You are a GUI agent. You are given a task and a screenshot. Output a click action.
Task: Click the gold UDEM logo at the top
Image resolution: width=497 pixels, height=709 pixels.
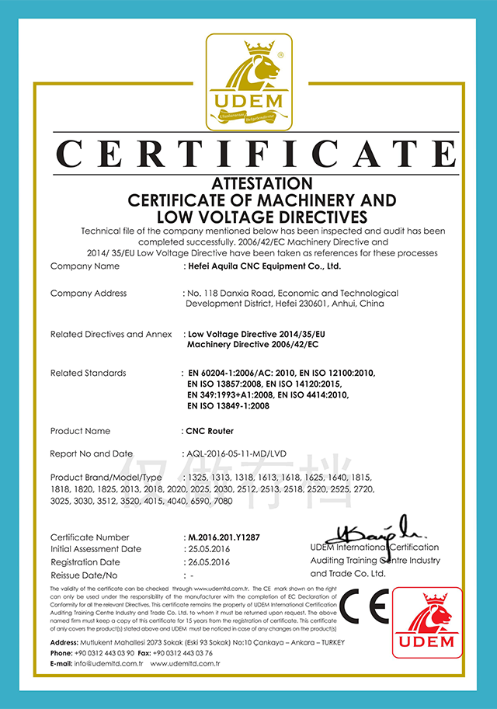[x=248, y=83]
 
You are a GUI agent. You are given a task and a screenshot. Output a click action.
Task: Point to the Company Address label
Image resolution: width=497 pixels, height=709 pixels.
[x=89, y=294]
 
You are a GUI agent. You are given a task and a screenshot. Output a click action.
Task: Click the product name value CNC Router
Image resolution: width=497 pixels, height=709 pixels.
[x=210, y=431]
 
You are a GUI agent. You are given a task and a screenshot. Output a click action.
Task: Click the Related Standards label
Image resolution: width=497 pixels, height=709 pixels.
[x=88, y=373]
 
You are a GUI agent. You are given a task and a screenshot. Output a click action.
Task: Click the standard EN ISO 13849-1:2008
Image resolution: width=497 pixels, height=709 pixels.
[x=228, y=406]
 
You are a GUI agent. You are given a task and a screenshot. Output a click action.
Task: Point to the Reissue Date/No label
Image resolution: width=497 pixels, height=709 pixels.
[x=84, y=575]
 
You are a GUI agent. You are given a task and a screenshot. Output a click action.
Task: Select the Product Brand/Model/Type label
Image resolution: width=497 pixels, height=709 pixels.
[x=106, y=476]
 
